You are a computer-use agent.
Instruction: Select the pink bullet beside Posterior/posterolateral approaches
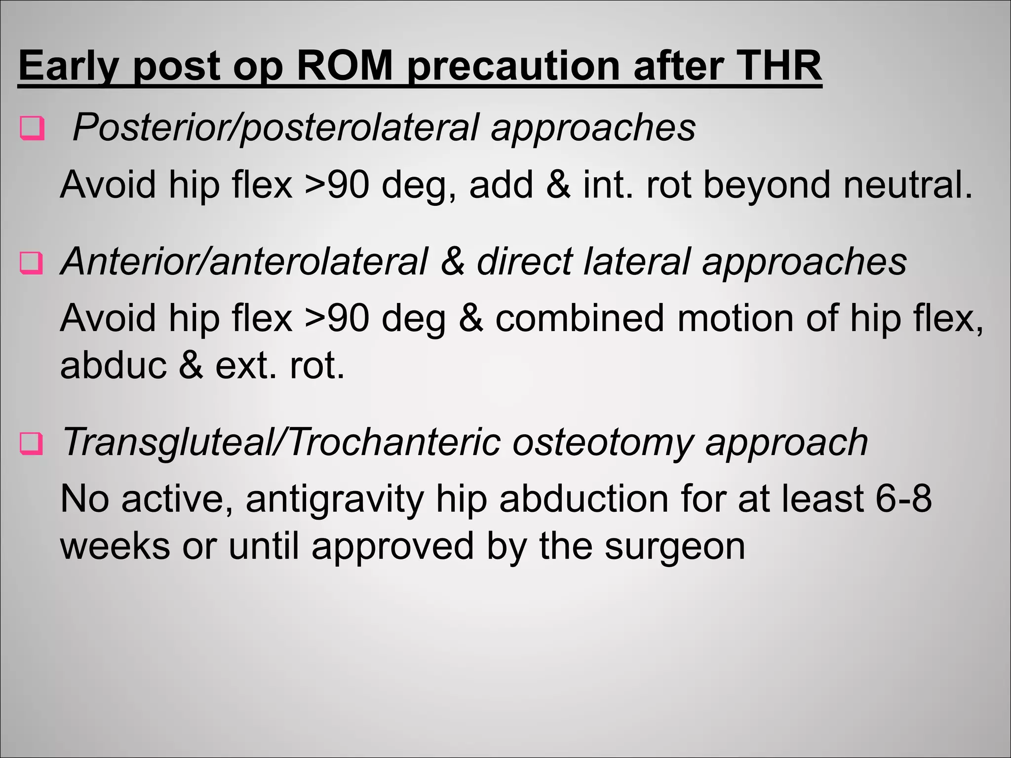click(x=32, y=129)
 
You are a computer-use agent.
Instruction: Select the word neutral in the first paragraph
click(x=907, y=185)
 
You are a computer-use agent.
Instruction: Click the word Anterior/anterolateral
click(x=244, y=262)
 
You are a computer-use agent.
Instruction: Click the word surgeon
click(x=675, y=546)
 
